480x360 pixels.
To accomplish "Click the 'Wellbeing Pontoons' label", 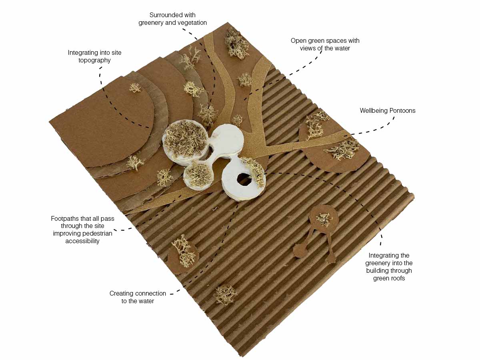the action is (x=388, y=111).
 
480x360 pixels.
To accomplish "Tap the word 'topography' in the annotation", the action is (x=94, y=60).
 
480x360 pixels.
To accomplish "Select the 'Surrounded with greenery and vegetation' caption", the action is (x=172, y=19).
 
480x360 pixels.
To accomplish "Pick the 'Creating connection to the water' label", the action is (x=138, y=297).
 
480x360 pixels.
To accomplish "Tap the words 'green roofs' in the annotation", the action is (x=389, y=278).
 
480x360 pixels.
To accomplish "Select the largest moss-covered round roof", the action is (x=186, y=142).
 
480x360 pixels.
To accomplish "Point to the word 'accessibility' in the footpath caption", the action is (x=82, y=241).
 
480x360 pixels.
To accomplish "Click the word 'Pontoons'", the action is (x=402, y=111).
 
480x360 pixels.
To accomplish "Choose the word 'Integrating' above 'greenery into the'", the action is (x=389, y=256).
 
